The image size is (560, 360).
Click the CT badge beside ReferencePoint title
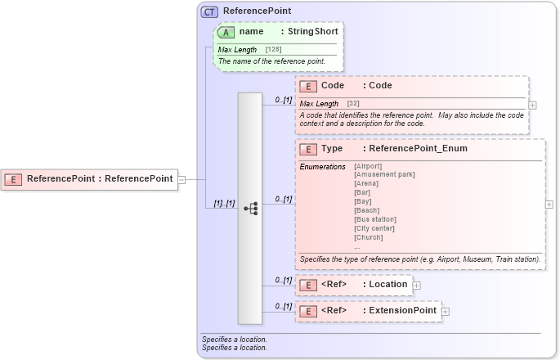[x=210, y=11]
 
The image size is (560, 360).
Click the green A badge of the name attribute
[x=226, y=31]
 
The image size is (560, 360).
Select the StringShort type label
[x=312, y=31]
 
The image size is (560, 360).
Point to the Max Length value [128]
[x=276, y=50]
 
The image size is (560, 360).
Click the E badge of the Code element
[x=308, y=86]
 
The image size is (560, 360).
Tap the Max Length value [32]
[x=353, y=104]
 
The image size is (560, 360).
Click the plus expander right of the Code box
[x=532, y=105]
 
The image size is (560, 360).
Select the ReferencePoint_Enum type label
[x=418, y=149]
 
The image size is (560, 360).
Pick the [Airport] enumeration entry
[x=367, y=166]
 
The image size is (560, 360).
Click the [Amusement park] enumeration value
[x=383, y=174]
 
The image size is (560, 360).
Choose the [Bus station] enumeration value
[x=374, y=219]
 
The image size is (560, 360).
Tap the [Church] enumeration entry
[x=368, y=237]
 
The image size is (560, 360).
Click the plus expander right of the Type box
[x=549, y=205]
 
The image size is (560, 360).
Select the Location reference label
[x=388, y=285]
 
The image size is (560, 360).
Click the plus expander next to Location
[x=416, y=285]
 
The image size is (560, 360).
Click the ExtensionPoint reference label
[x=402, y=311]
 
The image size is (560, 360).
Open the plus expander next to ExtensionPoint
[x=446, y=311]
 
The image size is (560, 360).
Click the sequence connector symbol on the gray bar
[x=250, y=209]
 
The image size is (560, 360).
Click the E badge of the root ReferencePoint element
[x=14, y=178]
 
